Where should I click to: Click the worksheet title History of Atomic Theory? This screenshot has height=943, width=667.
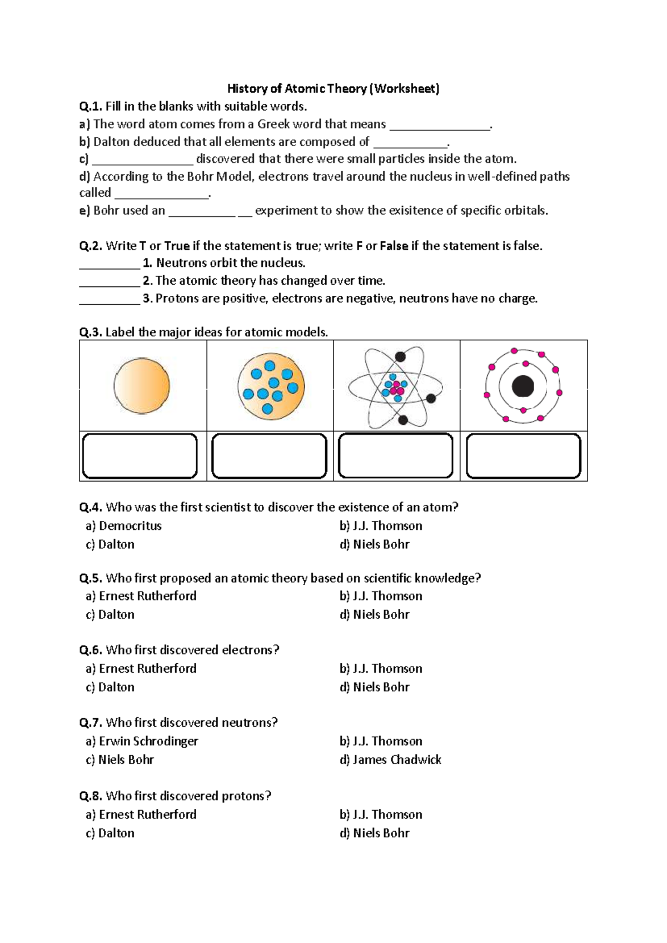pyautogui.click(x=333, y=88)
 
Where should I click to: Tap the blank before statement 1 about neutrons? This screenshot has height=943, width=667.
pyautogui.click(x=109, y=264)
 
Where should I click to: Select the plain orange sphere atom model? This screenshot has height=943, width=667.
pyautogui.click(x=142, y=386)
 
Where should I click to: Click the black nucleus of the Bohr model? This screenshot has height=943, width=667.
pyautogui.click(x=522, y=386)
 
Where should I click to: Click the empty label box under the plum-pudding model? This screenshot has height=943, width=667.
pyautogui.click(x=269, y=456)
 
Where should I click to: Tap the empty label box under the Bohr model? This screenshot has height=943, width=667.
pyautogui.click(x=523, y=456)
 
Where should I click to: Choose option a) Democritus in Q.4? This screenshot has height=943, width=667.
pyautogui.click(x=124, y=525)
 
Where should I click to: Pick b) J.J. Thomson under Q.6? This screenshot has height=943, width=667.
pyautogui.click(x=381, y=668)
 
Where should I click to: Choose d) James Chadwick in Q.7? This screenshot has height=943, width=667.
pyautogui.click(x=390, y=760)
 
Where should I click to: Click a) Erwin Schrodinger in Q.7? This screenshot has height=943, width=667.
pyautogui.click(x=142, y=741)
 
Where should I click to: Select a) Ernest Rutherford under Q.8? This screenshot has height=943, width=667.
pyautogui.click(x=141, y=815)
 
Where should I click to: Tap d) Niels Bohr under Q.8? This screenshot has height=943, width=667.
pyautogui.click(x=374, y=833)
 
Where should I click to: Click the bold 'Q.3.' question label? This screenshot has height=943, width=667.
pyautogui.click(x=91, y=332)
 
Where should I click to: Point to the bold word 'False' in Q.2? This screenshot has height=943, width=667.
pyautogui.click(x=394, y=246)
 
